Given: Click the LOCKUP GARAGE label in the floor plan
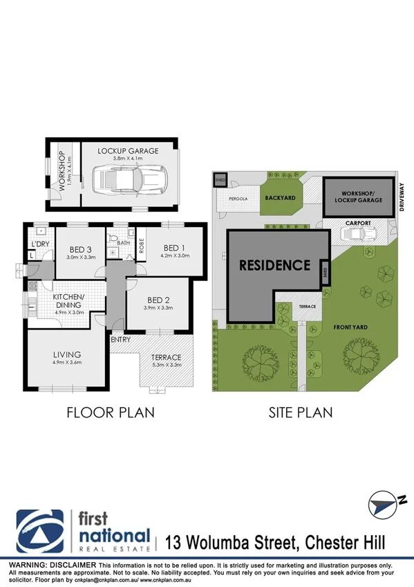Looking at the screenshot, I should coord(128,150).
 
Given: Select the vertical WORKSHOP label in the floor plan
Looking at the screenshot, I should coord(62,171).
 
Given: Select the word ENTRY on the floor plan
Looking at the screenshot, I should coord(120,339).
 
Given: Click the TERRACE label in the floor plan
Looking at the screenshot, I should coord(166,357).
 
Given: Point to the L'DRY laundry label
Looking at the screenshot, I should coord(37,243).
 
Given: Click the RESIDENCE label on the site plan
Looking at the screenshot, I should coord(275,264).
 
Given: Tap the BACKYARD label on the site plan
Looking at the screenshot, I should coord(280,197).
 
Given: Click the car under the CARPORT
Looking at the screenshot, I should coord(357,235).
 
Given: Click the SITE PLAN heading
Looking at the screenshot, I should coord(300,413).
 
